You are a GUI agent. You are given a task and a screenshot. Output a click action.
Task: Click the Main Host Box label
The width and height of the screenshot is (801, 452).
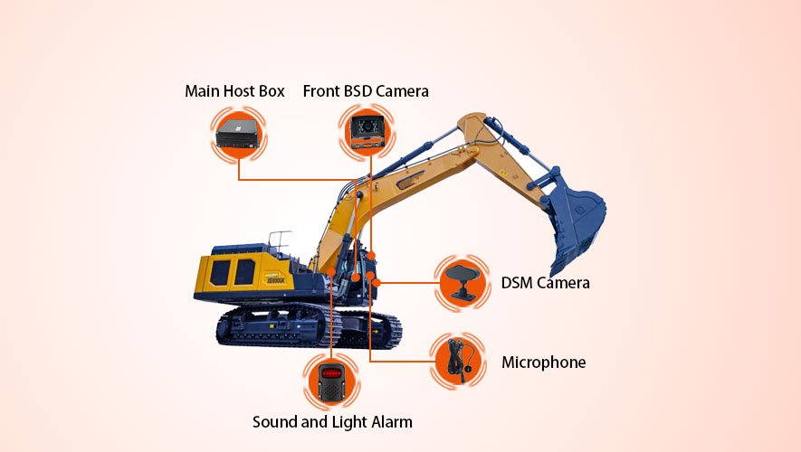(234, 91)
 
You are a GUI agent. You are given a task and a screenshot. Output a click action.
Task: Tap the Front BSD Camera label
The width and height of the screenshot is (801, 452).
(366, 91)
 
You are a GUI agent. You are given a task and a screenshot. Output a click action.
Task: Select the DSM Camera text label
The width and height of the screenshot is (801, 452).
(545, 283)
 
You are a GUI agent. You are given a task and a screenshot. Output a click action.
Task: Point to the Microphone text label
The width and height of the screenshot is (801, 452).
(543, 363)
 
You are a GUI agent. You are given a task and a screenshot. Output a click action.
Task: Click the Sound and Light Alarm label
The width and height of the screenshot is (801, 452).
(332, 422)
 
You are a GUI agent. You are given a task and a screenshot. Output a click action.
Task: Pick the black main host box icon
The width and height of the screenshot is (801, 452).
(238, 134)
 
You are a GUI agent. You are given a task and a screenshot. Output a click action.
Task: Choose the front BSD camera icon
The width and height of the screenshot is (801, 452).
(367, 132)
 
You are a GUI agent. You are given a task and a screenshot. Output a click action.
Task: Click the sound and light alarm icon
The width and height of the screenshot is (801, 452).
(331, 382)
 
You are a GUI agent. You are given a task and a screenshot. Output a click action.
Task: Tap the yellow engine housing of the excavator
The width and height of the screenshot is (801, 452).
(241, 273)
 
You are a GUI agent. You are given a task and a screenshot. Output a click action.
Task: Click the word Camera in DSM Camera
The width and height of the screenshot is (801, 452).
(563, 283)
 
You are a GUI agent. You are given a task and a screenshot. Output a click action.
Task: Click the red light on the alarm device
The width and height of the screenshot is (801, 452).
(331, 373)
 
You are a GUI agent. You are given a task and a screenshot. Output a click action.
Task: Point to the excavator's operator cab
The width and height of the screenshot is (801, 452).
(361, 271)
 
